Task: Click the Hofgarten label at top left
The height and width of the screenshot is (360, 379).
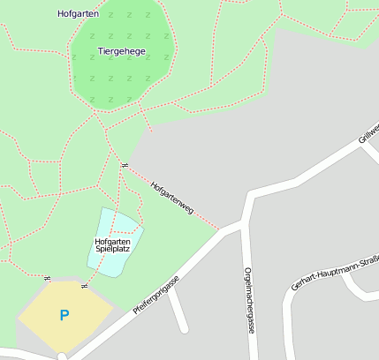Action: (78, 14)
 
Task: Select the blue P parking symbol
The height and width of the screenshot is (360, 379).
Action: (64, 314)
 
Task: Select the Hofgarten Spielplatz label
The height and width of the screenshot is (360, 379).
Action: (113, 245)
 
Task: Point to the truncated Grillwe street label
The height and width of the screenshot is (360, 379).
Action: (368, 135)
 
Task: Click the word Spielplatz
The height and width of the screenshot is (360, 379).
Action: (113, 250)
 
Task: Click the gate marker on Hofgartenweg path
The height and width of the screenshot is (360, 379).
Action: (125, 165)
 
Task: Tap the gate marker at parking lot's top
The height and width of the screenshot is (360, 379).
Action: (85, 285)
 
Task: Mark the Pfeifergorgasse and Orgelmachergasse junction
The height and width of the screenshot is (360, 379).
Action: (243, 224)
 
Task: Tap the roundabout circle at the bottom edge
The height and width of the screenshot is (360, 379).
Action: (62, 356)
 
